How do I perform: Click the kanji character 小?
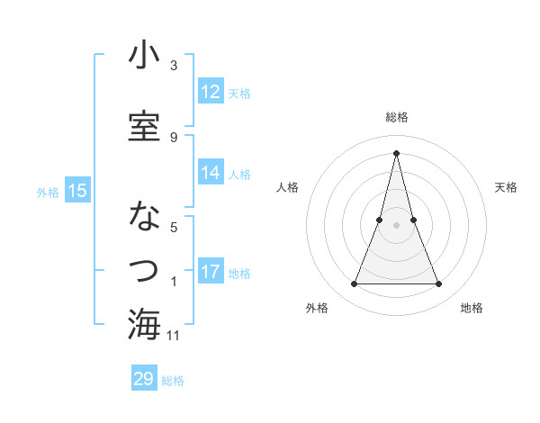(x=144, y=56)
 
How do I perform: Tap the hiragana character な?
(x=144, y=217)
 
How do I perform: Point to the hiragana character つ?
(x=144, y=270)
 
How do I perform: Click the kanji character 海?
(x=144, y=324)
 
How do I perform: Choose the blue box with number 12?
(x=211, y=92)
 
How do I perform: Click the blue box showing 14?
(x=211, y=173)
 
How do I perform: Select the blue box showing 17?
(x=211, y=272)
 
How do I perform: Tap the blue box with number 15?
(x=77, y=191)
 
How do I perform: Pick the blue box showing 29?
(x=144, y=379)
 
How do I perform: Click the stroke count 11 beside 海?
(x=174, y=336)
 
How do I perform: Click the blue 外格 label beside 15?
(x=48, y=192)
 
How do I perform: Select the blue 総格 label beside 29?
(x=173, y=381)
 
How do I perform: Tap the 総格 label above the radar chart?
(x=397, y=117)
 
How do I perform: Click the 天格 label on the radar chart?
(x=506, y=187)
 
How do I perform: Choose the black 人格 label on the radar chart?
(x=288, y=187)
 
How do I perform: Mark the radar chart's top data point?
(x=396, y=153)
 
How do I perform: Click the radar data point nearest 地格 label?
(x=439, y=284)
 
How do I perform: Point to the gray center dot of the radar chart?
(x=396, y=225)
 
